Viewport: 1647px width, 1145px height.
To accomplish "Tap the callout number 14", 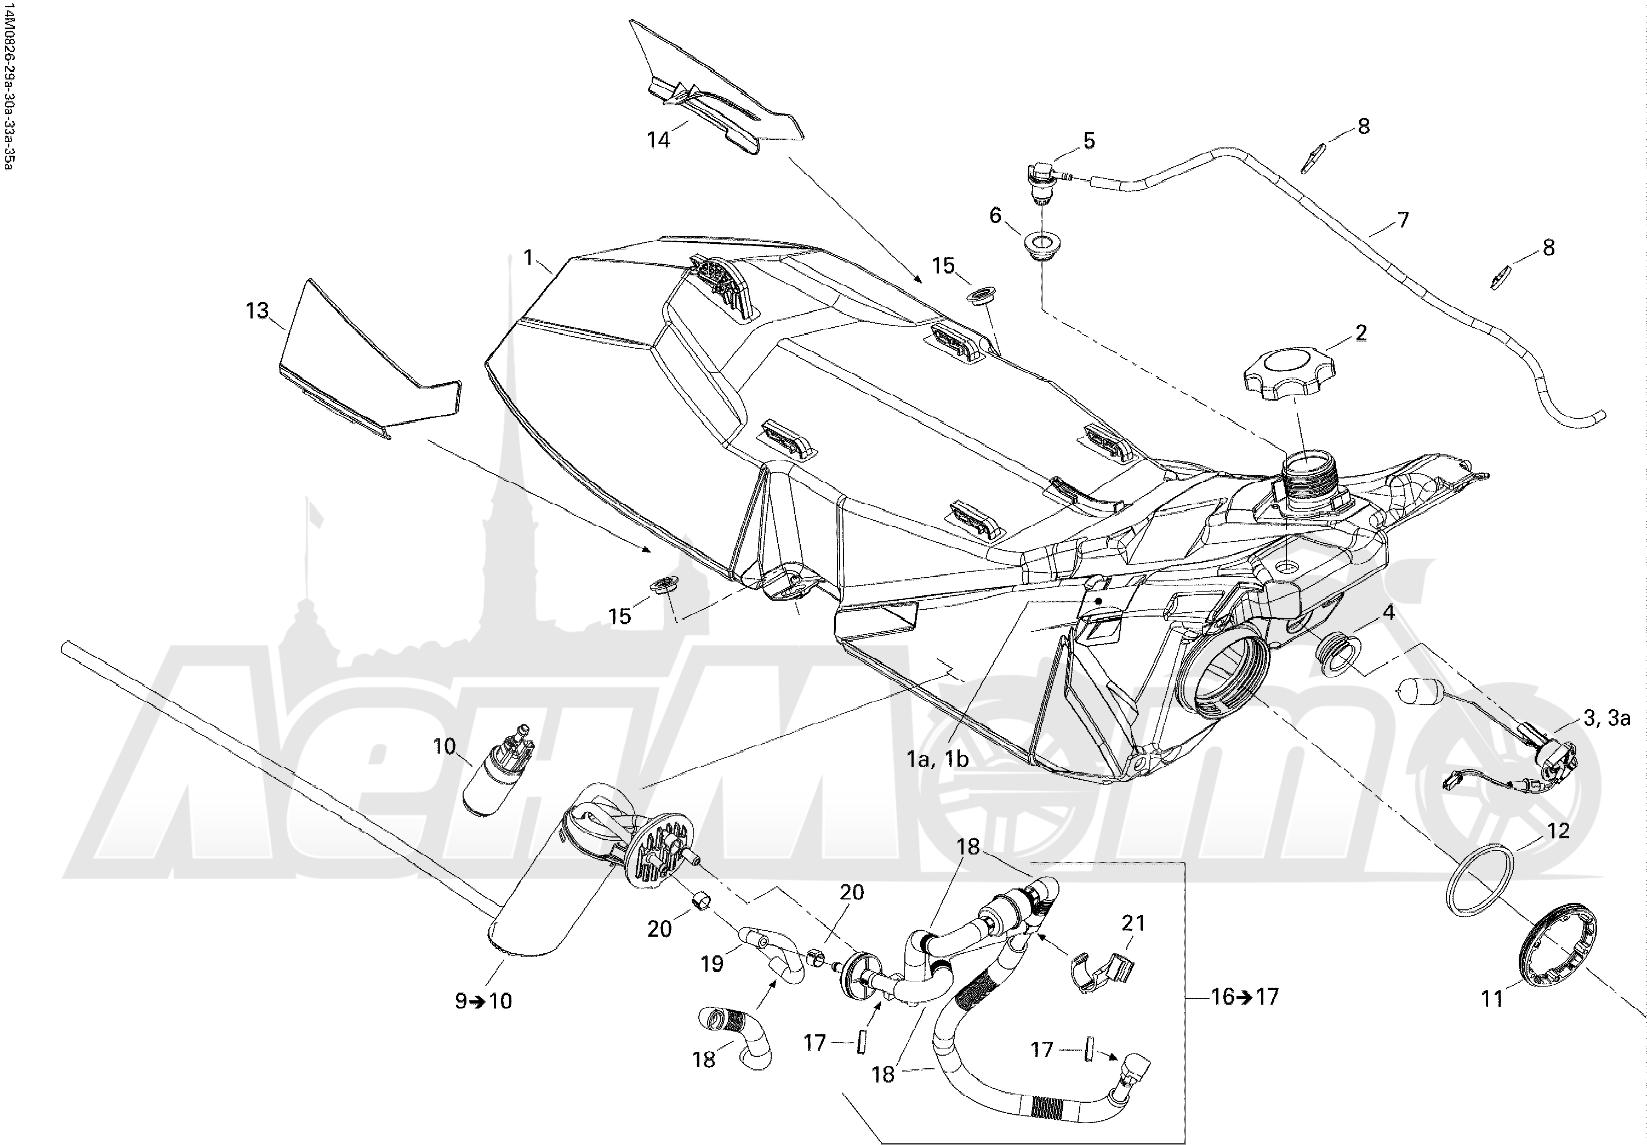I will point(658,139).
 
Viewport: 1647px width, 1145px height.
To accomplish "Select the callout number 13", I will point(257,311).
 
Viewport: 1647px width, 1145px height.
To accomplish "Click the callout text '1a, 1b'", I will point(938,759).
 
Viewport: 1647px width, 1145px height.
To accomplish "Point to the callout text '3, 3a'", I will point(1605,717).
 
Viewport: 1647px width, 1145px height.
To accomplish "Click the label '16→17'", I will point(1245,996).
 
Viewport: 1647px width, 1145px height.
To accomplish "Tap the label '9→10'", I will point(483,1000).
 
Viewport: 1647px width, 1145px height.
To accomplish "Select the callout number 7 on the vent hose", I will point(1403,220).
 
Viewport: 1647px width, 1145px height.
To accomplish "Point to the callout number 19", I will point(711,964).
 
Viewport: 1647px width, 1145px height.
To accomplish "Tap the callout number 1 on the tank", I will point(529,258).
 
